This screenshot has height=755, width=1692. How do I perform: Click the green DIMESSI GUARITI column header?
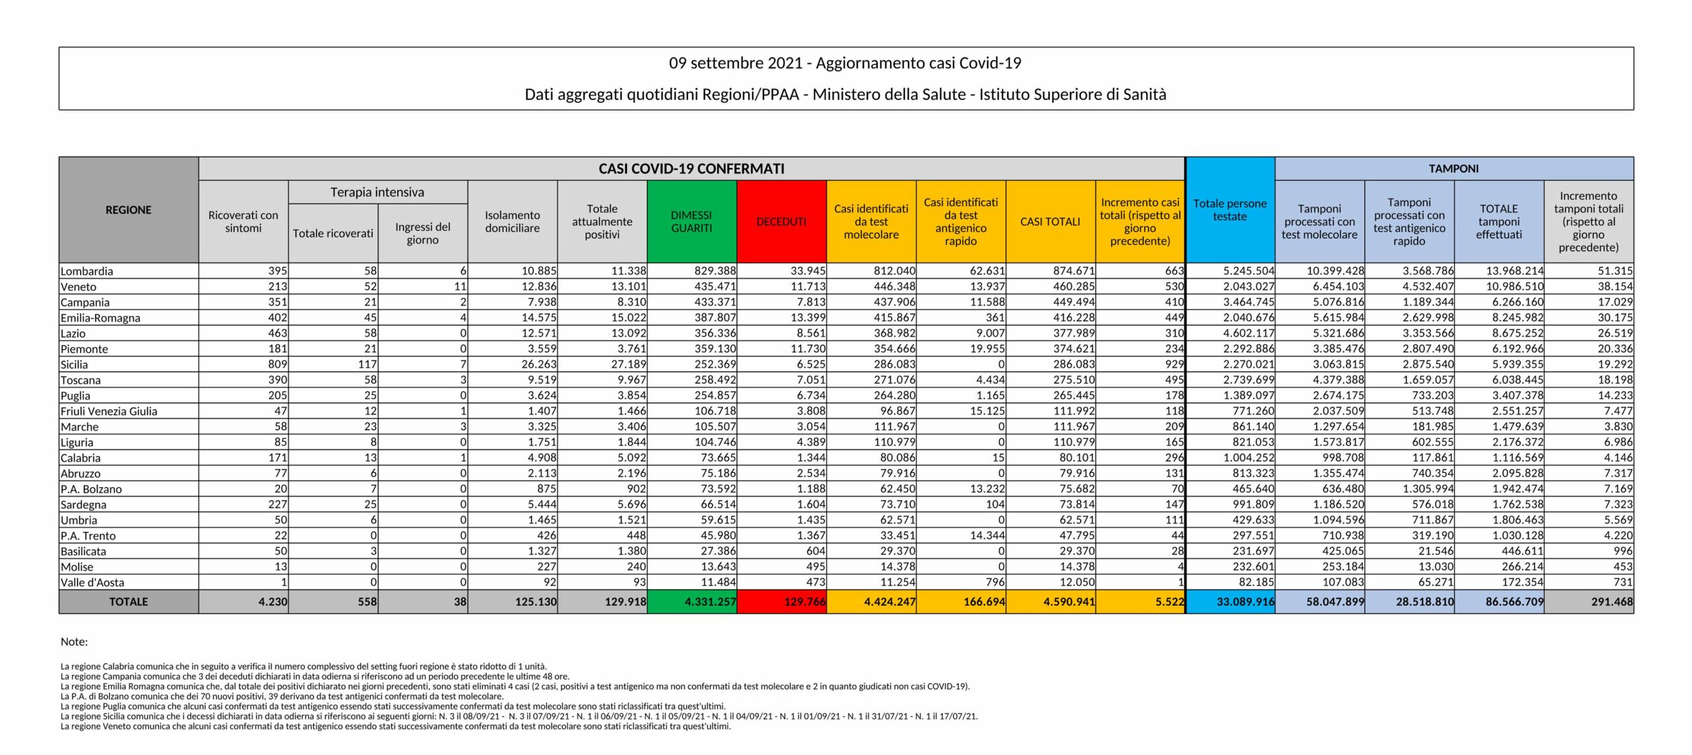click(x=691, y=221)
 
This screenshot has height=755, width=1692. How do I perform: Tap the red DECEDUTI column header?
click(x=781, y=221)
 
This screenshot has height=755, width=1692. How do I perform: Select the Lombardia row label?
click(x=87, y=271)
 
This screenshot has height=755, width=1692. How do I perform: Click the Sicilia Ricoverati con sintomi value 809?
click(x=278, y=364)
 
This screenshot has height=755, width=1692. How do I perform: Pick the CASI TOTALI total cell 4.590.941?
click(x=1069, y=602)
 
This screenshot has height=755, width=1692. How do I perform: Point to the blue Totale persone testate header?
click(x=1230, y=210)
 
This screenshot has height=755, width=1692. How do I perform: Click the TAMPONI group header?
click(x=1453, y=169)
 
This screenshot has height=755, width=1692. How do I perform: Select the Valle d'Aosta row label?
click(x=92, y=582)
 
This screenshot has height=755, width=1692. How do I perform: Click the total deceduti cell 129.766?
click(x=804, y=602)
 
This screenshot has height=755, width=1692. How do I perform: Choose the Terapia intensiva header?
click(x=377, y=192)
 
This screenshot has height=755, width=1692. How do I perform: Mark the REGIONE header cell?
click(x=128, y=210)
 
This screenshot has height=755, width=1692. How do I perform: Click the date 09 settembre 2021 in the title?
click(x=736, y=63)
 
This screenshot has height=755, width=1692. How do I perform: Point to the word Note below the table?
click(x=74, y=641)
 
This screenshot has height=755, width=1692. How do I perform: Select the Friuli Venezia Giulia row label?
click(x=109, y=411)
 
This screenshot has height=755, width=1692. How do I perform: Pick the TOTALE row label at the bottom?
click(x=128, y=602)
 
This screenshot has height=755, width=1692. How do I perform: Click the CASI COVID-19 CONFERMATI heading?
click(x=691, y=169)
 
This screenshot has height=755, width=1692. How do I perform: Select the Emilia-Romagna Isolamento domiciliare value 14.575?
click(x=538, y=317)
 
